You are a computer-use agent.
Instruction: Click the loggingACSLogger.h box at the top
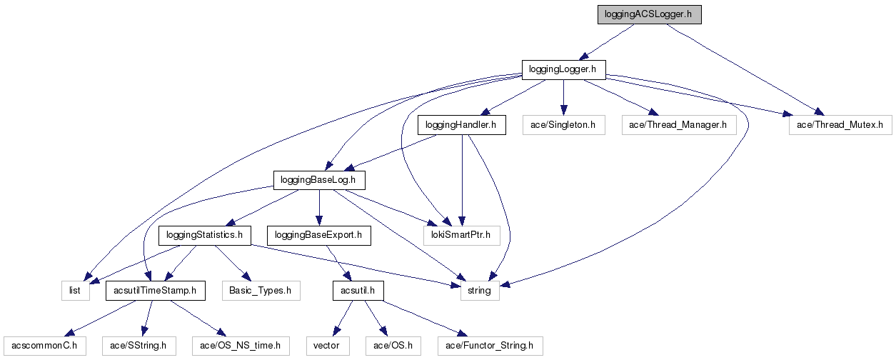650,14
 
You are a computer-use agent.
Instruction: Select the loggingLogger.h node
563,69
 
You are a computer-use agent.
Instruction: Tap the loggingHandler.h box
461,125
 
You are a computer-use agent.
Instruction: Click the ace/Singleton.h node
563,125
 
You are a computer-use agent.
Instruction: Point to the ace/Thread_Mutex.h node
840,125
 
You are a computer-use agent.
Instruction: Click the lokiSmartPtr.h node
461,234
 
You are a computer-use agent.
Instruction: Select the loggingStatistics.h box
205,234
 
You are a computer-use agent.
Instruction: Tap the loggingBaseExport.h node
318,234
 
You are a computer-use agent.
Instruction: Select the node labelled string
479,290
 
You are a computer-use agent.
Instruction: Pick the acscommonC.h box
44,346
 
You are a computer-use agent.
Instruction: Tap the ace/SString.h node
139,346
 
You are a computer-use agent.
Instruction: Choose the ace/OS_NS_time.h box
240,346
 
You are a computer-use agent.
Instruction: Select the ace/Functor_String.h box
489,346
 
